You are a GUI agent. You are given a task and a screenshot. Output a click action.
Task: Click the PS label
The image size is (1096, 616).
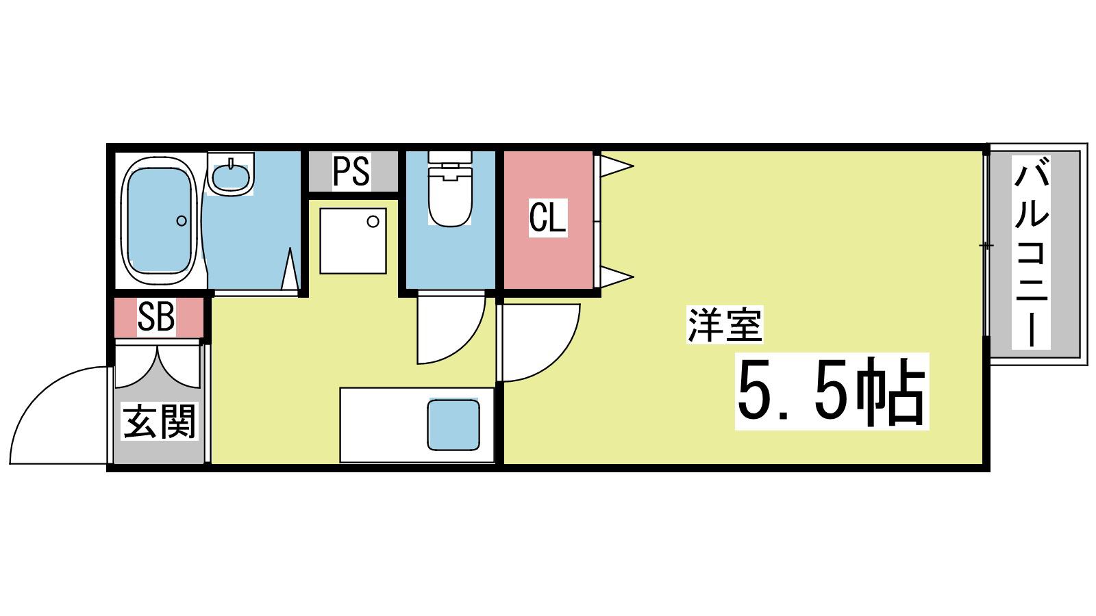(x=351, y=170)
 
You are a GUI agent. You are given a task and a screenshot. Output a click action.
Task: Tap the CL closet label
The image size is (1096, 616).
(x=547, y=218)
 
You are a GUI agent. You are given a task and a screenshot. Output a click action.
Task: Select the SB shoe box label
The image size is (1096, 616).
(x=156, y=317)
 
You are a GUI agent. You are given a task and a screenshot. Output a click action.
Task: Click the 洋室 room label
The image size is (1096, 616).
(x=725, y=324)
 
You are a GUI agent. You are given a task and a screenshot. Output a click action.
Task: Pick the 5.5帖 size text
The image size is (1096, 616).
(x=832, y=392)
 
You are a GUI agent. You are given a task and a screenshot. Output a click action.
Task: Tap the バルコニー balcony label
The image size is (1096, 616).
(x=1031, y=251)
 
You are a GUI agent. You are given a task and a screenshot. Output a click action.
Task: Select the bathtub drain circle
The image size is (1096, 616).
(x=182, y=221)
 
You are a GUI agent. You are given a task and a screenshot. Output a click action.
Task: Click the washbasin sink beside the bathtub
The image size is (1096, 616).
(x=230, y=174)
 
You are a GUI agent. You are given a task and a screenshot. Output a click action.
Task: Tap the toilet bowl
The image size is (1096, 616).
(x=450, y=198)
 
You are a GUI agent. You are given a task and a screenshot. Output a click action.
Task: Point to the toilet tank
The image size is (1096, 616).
(x=450, y=157)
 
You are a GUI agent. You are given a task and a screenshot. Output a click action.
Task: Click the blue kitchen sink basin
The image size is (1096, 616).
(x=453, y=425)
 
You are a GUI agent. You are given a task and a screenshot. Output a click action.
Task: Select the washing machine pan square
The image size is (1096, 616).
(x=353, y=241)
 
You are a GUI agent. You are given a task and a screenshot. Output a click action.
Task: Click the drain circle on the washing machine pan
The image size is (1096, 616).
(x=373, y=222)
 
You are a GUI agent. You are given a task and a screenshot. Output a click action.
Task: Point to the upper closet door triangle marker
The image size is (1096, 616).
(x=616, y=166)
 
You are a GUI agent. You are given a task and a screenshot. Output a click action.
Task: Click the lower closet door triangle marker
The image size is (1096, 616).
(x=616, y=277)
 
